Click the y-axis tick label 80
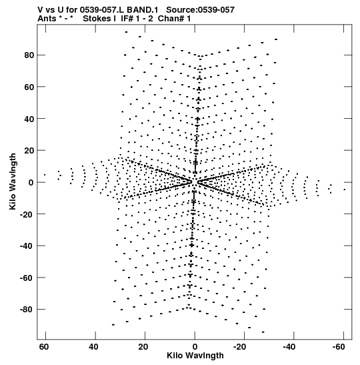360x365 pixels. [x=29, y=55]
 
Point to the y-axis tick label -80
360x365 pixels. [x=27, y=310]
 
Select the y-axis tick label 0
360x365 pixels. [x=31, y=183]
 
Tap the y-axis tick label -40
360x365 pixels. [x=27, y=246]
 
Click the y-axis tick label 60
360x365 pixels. [x=29, y=87]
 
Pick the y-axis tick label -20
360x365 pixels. [x=27, y=214]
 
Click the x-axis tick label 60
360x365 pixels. [x=44, y=347]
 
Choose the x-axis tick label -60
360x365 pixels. [x=339, y=347]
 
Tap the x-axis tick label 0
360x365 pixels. [x=195, y=347]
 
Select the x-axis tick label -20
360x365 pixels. [x=239, y=347]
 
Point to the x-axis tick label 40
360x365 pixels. [x=93, y=347]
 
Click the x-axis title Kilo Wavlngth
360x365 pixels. [x=195, y=356]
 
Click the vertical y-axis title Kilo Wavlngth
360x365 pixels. [x=13, y=181]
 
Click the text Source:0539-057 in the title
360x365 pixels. [x=200, y=10]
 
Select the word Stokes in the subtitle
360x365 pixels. [x=97, y=19]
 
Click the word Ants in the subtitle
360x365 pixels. [x=46, y=19]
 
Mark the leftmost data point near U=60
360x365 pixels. [x=45, y=175]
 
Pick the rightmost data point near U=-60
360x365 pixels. [x=345, y=190]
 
